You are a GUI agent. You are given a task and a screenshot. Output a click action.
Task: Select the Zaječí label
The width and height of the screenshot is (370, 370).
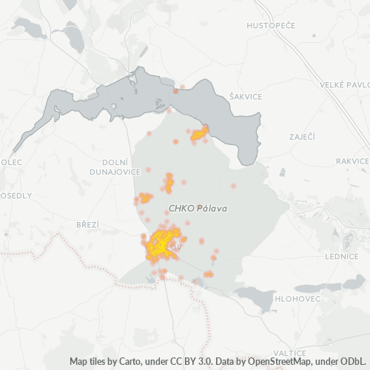point(301,137)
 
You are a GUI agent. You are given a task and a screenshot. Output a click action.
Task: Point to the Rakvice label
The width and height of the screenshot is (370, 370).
point(351,161)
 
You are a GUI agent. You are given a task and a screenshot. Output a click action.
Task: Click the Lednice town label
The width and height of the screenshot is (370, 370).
point(343,256)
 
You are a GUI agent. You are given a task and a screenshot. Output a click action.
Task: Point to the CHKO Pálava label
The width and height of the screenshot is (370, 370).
point(198,209)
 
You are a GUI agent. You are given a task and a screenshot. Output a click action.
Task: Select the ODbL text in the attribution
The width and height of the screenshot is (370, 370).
point(354,362)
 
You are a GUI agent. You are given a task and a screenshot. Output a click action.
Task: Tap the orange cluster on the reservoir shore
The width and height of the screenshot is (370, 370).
point(199,134)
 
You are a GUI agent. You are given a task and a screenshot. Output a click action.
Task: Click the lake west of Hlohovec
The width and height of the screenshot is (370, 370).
point(254,300)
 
